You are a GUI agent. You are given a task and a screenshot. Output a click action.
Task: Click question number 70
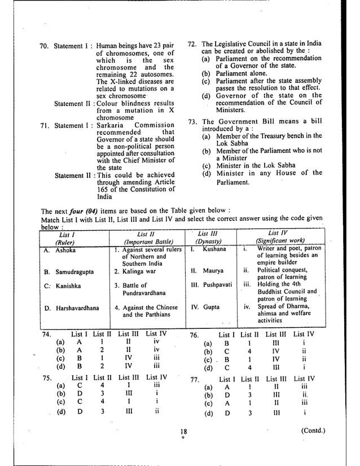click(45, 45)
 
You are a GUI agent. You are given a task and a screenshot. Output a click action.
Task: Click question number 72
click(192, 44)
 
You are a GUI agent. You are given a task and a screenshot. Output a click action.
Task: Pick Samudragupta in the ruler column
click(74, 271)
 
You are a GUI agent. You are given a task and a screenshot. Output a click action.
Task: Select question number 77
click(196, 379)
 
